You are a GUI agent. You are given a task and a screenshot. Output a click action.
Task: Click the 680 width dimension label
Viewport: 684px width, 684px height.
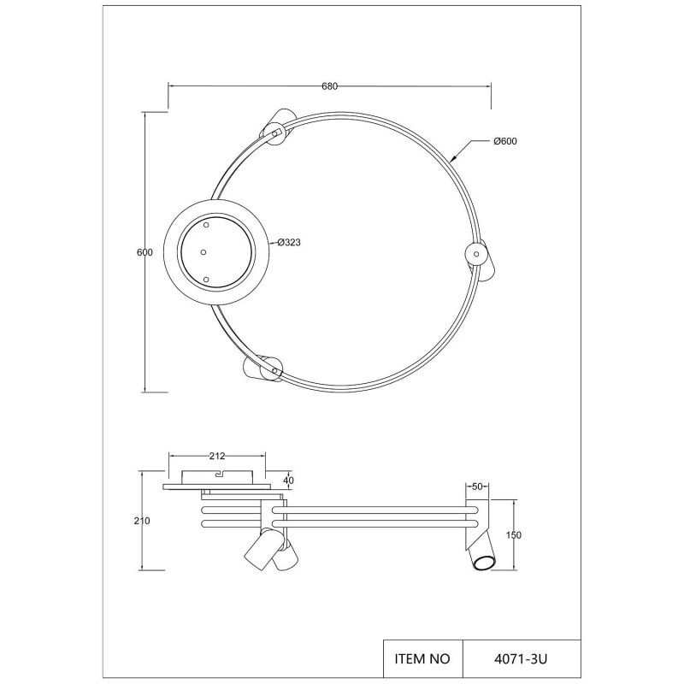coord(330,85)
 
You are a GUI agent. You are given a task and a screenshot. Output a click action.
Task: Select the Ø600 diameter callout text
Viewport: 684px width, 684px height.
coord(506,141)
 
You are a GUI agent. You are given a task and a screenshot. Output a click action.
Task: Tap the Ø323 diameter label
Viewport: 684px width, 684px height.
coord(288,243)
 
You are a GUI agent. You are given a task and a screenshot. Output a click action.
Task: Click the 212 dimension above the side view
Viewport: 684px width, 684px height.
coord(217,456)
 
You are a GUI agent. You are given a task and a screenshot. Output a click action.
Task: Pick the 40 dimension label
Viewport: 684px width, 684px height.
coord(288,481)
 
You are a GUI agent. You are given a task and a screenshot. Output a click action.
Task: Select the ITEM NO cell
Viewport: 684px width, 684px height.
coord(421,659)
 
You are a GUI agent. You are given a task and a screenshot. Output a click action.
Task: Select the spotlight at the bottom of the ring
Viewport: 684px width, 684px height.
coord(264,369)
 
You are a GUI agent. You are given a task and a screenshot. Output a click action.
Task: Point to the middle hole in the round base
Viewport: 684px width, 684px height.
coord(203,251)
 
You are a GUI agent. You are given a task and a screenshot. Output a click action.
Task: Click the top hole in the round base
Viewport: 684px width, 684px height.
coord(205,224)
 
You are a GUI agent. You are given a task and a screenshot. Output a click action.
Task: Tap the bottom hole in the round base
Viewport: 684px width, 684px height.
coord(206,279)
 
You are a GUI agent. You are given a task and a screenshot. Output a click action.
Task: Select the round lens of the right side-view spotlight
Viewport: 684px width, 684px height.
coord(484,563)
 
